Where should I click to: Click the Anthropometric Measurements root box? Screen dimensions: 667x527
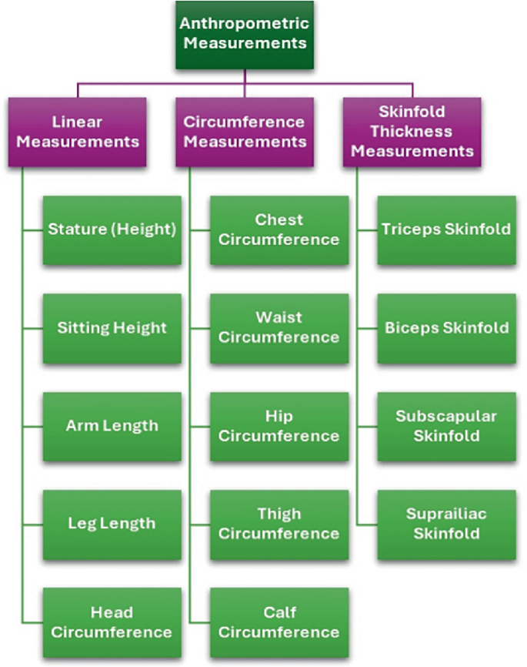tap(245, 33)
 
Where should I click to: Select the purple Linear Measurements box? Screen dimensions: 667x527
tap(78, 132)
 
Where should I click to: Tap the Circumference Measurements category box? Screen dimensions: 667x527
tap(245, 132)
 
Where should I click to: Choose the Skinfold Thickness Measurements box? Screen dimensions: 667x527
tap(412, 132)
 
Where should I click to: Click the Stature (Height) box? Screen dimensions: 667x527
tap(112, 230)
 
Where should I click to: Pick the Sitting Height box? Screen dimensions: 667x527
tap(112, 327)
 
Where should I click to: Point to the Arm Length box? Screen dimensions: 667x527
tap(112, 426)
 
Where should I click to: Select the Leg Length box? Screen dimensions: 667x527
tap(112, 524)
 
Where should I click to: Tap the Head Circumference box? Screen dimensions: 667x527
tap(112, 622)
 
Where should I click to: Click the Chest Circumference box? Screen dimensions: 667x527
tap(279, 230)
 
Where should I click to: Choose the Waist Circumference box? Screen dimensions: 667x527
tap(279, 327)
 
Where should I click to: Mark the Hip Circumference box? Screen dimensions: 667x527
tap(279, 426)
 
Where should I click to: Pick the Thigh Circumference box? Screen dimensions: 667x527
tap(279, 524)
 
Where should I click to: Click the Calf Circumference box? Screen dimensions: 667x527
tap(279, 622)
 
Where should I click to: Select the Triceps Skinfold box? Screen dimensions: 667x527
tap(446, 230)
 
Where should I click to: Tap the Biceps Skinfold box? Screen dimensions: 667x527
tap(446, 327)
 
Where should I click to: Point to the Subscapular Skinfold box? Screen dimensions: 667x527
tap(446, 426)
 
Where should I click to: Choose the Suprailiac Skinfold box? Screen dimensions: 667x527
tap(446, 524)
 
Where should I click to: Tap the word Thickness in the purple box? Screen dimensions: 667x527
tap(412, 132)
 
